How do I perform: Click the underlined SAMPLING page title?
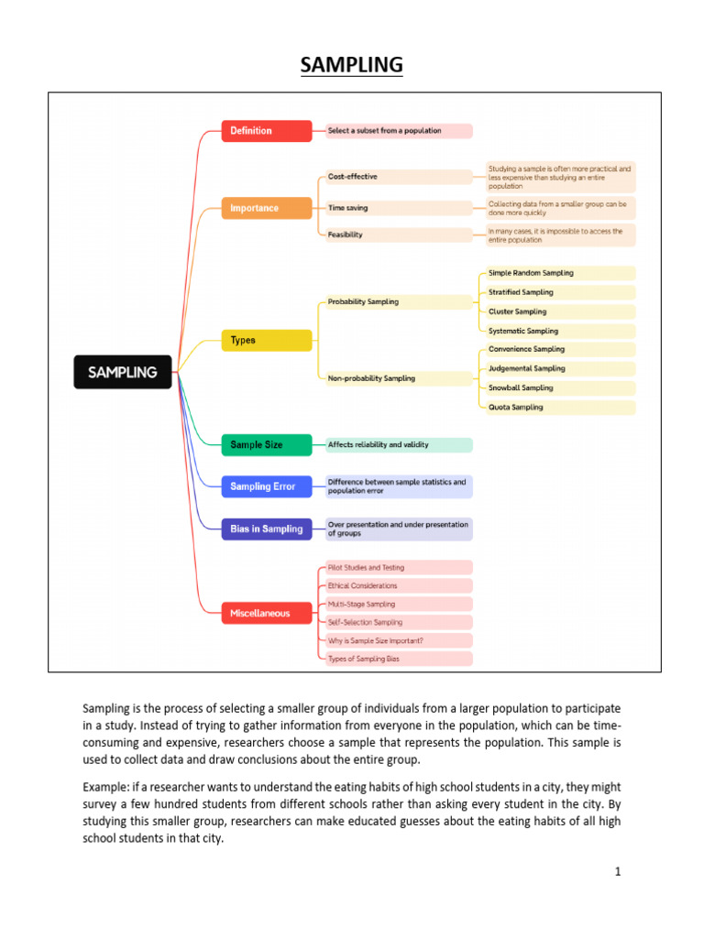351,65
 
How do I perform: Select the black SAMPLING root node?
122,372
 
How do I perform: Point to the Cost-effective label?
353,177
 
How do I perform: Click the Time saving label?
348,208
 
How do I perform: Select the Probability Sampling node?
363,301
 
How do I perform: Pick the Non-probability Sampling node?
371,378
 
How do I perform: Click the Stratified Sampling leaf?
521,292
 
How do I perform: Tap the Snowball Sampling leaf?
521,387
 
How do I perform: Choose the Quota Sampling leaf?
515,407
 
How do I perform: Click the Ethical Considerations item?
363,585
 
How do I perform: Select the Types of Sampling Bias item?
363,659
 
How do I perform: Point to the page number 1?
618,871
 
